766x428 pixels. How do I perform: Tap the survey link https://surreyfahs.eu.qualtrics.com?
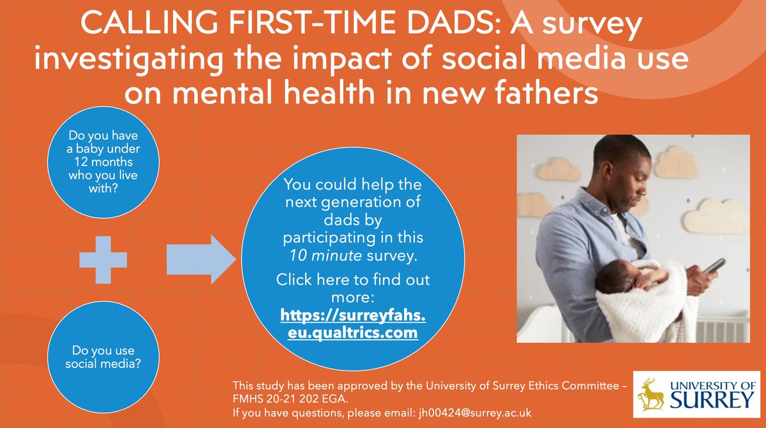349,324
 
